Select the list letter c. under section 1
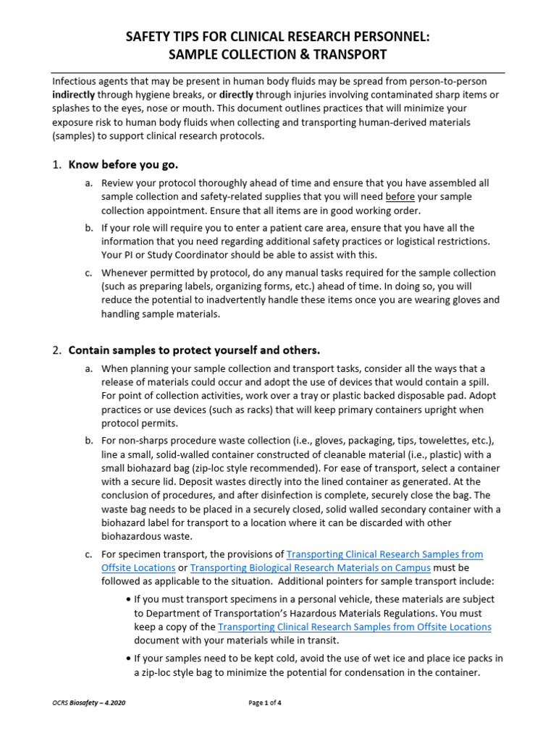tap(88, 273)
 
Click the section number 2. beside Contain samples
tap(57, 350)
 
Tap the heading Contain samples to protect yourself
tap(193, 350)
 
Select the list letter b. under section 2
tap(88, 441)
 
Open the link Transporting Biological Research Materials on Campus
tap(310, 568)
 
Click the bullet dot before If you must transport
tap(128, 599)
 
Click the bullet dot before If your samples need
tap(128, 659)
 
